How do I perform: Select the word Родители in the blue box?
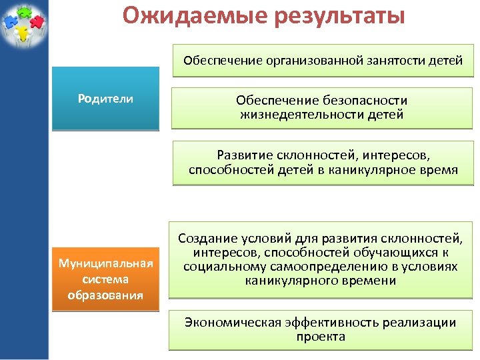pyautogui.click(x=105, y=99)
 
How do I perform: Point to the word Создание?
pyautogui.click(x=205, y=239)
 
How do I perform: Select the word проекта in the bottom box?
pyautogui.click(x=321, y=337)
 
